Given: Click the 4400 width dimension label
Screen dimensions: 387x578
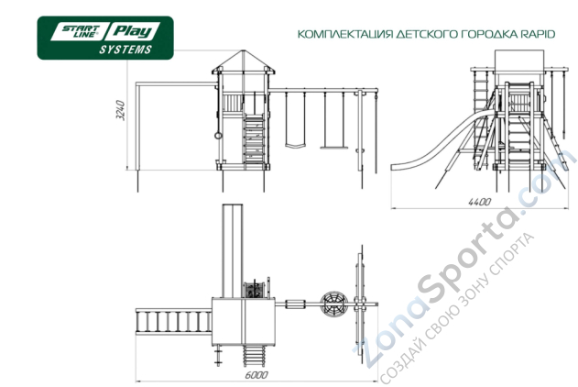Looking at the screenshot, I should (478, 202).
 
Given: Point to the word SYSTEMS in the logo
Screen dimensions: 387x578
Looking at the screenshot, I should (125, 50).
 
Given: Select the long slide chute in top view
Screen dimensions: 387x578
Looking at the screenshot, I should (234, 248).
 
